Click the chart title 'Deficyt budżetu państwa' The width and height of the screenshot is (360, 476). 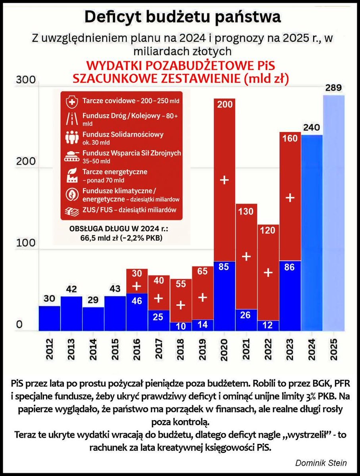tap(183, 17)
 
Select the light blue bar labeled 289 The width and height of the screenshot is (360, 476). tap(333, 214)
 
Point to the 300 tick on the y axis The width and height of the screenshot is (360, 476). tap(25, 80)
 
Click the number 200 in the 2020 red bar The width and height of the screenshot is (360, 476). tap(224, 105)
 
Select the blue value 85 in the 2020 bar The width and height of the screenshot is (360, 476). tap(224, 267)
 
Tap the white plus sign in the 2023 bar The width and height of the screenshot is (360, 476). tap(290, 198)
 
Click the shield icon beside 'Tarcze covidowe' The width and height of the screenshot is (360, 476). tap(71, 101)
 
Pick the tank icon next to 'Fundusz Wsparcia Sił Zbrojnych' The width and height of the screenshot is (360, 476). tap(71, 156)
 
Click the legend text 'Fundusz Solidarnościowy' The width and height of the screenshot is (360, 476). tap(123, 134)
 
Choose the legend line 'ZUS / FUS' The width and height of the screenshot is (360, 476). tap(129, 210)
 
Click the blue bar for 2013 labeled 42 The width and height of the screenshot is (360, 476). tap(71, 313)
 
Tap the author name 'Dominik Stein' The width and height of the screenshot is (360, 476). tap(321, 463)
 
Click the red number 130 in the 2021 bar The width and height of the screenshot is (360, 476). tap(246, 211)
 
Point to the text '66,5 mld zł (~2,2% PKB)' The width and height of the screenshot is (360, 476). tap(121, 238)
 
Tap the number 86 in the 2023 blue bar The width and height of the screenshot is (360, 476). tap(289, 267)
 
